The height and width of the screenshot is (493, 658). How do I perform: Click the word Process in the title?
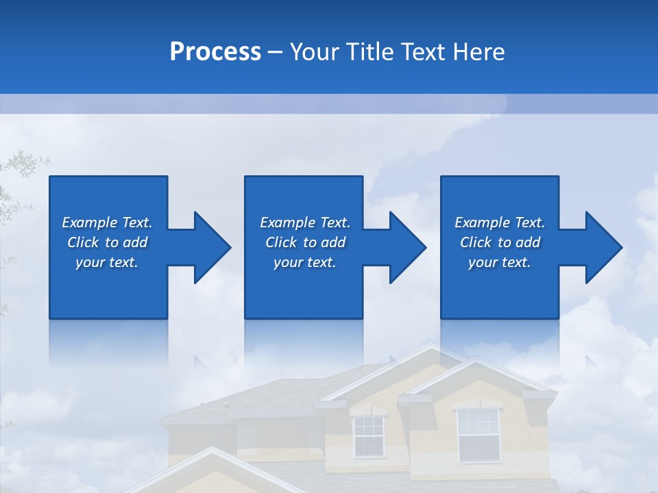pos(215,52)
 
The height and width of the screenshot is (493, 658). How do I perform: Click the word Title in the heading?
pos(371,52)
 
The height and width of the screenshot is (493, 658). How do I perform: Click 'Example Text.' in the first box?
pos(107,223)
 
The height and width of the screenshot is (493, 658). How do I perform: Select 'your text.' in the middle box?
pos(304,262)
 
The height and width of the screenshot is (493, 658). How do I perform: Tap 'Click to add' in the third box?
pos(500,242)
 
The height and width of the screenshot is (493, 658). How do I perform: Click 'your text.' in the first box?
pos(107,262)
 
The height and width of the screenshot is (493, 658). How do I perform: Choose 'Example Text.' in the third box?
pos(500,223)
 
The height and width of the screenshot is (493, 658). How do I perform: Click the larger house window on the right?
pos(478,435)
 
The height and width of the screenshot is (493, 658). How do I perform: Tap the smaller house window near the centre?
pos(368,436)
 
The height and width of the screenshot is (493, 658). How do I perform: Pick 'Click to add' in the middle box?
pos(304,242)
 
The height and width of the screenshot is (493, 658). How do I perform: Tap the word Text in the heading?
pos(424,52)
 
